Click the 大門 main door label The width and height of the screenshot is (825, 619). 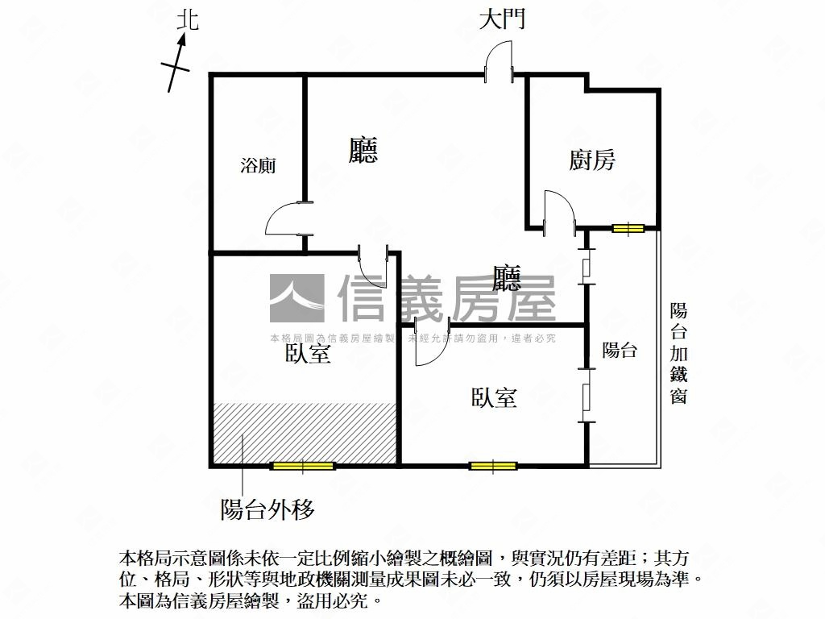coord(502,20)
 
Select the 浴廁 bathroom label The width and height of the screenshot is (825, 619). coord(258,165)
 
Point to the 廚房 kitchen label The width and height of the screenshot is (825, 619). coord(592,160)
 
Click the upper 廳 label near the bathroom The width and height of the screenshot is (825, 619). coord(363,150)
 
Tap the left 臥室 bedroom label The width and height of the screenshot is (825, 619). coord(308,353)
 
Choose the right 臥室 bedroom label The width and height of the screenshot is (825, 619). coord(494,397)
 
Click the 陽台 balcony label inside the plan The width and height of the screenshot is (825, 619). coord(620,350)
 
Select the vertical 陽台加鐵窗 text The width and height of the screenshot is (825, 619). coord(678,353)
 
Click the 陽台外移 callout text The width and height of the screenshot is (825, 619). coord(267,509)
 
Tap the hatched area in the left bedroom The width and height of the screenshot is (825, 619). coord(305,434)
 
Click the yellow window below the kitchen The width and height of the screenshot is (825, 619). coord(628,228)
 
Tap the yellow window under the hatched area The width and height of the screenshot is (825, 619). coord(303,466)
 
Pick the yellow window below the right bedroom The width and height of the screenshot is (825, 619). coord(493,466)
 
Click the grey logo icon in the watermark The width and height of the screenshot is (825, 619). coord(297,298)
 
